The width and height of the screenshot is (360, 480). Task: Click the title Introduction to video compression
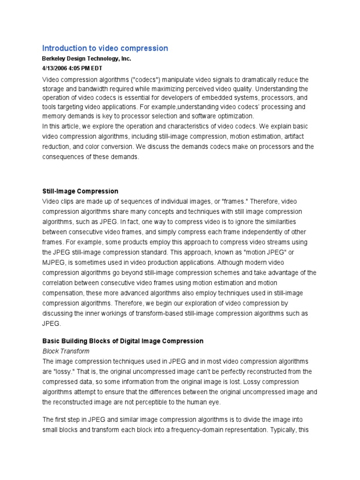tap(105, 48)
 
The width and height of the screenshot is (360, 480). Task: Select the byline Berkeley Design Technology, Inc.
tap(87, 59)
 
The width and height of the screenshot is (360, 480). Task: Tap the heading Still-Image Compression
tap(80, 191)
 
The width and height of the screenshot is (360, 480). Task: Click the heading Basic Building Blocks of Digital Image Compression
tap(123, 341)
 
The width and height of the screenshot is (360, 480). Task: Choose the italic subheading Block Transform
tap(66, 351)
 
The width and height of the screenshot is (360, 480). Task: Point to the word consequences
tap(67, 157)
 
